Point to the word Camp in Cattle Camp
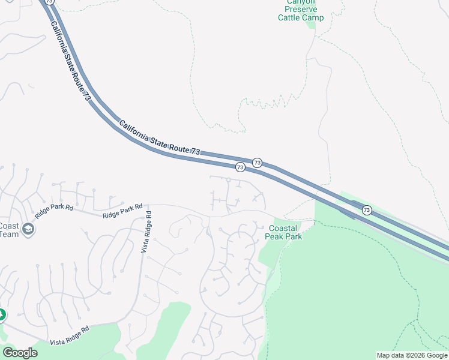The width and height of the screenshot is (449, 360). pyautogui.click(x=313, y=18)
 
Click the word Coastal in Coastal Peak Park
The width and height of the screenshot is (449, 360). pyautogui.click(x=283, y=229)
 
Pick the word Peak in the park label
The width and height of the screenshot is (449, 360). pyautogui.click(x=275, y=236)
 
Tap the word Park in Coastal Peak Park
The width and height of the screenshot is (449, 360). pyautogui.click(x=294, y=236)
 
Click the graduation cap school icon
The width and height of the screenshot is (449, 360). pyautogui.click(x=28, y=229)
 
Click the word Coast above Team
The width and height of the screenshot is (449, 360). pyautogui.click(x=9, y=226)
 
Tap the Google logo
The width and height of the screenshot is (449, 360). pyautogui.click(x=20, y=353)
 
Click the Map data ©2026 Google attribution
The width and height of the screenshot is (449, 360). pyautogui.click(x=412, y=355)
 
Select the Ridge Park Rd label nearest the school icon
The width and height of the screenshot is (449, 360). pyautogui.click(x=54, y=212)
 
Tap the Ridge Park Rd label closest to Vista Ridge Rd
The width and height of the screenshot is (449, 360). pyautogui.click(x=122, y=211)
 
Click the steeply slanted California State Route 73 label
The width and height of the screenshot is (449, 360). pyautogui.click(x=71, y=61)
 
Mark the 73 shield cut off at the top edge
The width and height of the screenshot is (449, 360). pyautogui.click(x=49, y=2)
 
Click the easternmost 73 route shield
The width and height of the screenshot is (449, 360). pyautogui.click(x=367, y=211)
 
